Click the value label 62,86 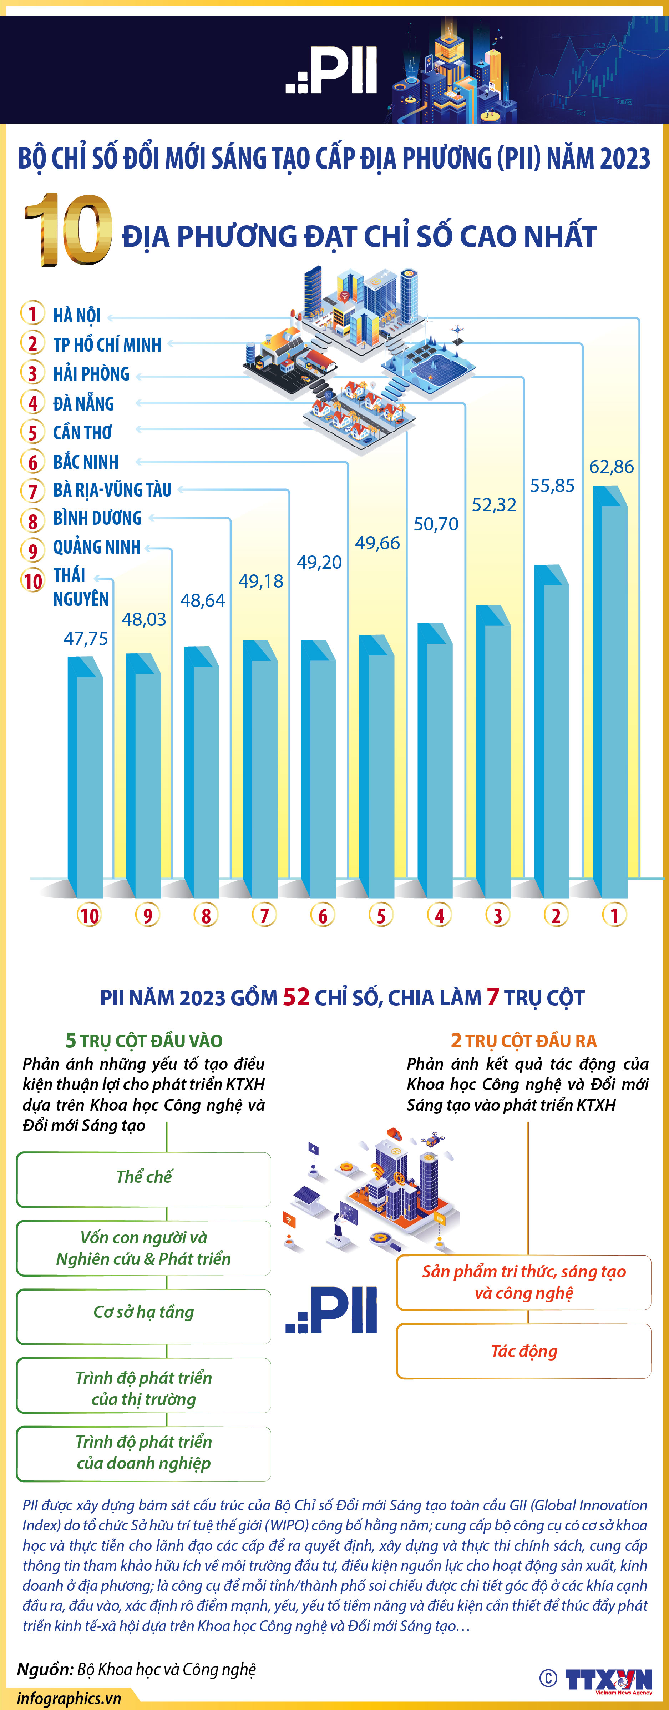[611, 467]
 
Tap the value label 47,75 [86, 639]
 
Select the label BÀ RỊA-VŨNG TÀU [112, 490]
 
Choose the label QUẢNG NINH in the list [97, 547]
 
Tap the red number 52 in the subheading [297, 997]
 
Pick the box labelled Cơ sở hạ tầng [143, 1312]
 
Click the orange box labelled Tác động [524, 1351]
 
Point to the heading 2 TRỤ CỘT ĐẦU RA [524, 1040]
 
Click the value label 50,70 [436, 524]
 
